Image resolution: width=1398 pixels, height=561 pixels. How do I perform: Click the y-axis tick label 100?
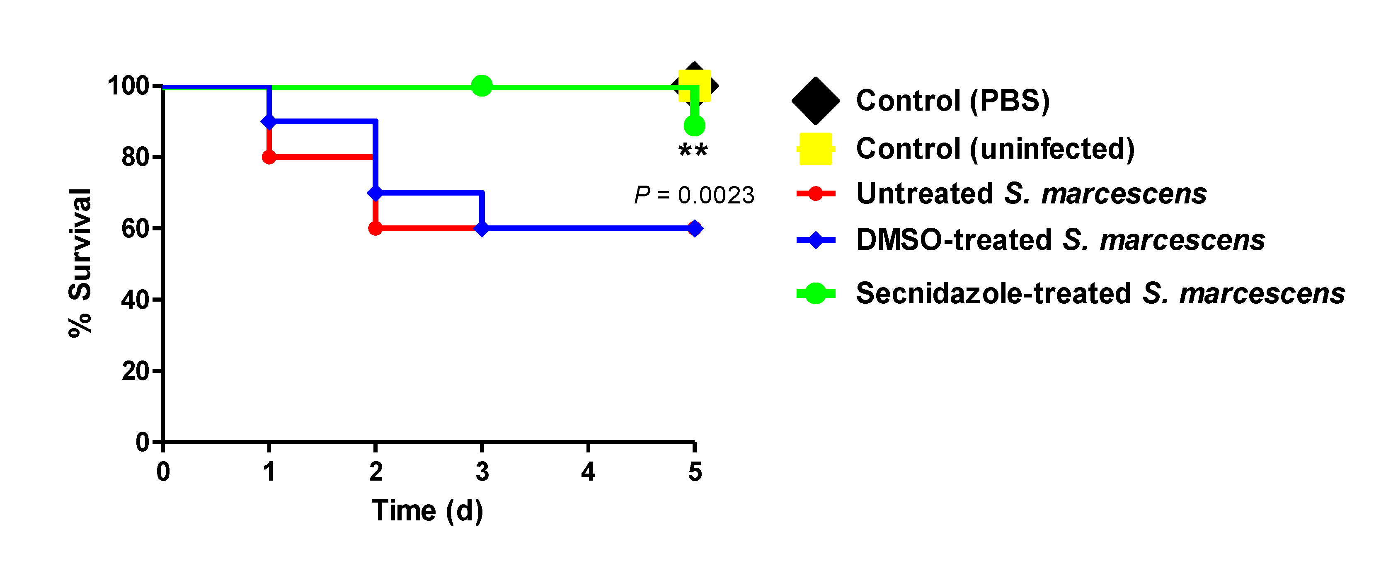[x=128, y=86]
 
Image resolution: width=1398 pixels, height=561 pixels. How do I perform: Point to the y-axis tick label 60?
[x=135, y=228]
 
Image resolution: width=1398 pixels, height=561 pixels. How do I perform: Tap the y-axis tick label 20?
[x=135, y=371]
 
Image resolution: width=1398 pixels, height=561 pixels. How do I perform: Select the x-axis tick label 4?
[x=588, y=472]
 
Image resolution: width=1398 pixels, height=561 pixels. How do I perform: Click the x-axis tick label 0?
[x=163, y=472]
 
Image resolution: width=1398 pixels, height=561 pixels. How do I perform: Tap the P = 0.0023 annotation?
[x=694, y=195]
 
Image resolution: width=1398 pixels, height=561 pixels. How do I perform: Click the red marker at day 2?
[x=375, y=228]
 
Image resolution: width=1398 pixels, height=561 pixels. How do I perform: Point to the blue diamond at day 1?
[x=269, y=121]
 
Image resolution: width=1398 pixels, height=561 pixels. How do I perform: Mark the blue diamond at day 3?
[x=481, y=228]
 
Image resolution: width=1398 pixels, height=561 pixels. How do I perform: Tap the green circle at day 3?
[x=481, y=86]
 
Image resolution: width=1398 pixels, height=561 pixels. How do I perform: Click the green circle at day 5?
[x=694, y=126]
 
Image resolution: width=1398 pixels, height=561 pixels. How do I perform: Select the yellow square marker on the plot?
[x=694, y=86]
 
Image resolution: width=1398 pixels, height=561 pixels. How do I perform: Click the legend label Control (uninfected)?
[x=995, y=149]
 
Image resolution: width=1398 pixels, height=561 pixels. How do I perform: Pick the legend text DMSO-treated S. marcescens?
[x=1060, y=240]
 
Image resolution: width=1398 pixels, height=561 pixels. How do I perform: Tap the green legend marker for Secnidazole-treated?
[x=815, y=293]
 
